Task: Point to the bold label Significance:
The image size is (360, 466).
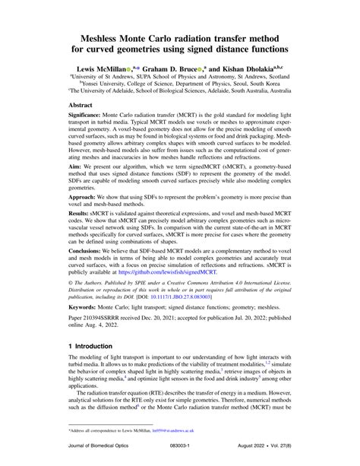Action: point(91,122)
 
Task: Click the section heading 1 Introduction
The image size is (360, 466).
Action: point(99,407)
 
